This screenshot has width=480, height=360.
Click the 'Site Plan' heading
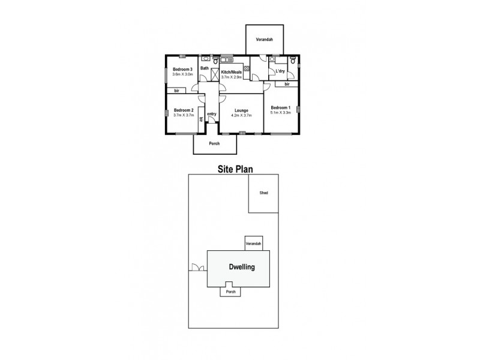click(234, 169)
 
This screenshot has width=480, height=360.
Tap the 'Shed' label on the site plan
click(263, 193)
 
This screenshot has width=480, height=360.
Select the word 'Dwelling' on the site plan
click(242, 267)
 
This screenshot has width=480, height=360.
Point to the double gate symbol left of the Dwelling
click(195, 268)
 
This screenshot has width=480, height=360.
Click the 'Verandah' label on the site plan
click(253, 243)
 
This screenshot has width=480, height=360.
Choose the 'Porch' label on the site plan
click(231, 292)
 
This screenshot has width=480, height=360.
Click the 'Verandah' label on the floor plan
click(265, 40)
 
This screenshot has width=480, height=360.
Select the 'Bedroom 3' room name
click(182, 70)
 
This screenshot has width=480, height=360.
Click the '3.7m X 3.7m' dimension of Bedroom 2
click(183, 115)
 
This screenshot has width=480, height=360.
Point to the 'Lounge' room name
click(241, 110)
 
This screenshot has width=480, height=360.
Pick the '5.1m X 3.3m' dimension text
click(281, 112)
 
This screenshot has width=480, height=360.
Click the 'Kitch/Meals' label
click(232, 72)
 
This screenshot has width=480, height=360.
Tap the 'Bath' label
click(205, 68)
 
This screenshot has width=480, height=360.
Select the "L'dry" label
click(280, 72)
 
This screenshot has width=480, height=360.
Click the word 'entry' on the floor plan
click(211, 114)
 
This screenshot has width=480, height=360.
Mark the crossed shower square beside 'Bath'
click(214, 75)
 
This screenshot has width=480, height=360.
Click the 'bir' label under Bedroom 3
click(177, 91)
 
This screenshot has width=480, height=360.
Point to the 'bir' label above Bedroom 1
click(287, 85)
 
